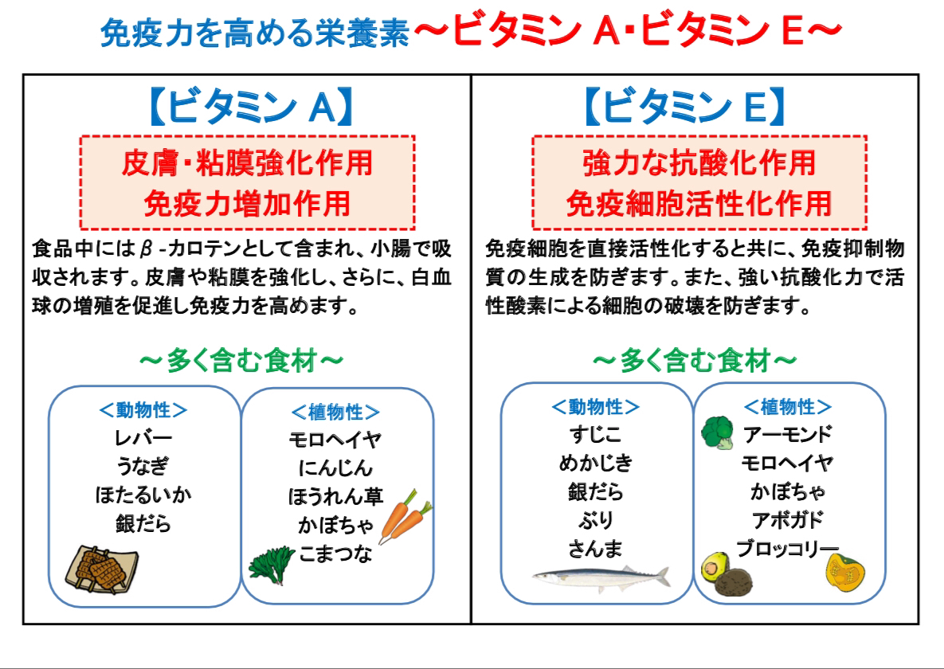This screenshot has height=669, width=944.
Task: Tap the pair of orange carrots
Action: [405, 515]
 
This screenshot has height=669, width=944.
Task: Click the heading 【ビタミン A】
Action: [248, 108]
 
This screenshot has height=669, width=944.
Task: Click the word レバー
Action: [143, 438]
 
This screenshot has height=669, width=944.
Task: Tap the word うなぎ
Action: [143, 467]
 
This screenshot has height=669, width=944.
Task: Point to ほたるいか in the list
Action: [143, 495]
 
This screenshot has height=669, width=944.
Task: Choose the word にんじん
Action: [335, 468]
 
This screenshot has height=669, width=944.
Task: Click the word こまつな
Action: [335, 554]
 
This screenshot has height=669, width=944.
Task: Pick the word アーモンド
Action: [787, 435]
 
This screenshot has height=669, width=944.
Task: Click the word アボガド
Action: [787, 520]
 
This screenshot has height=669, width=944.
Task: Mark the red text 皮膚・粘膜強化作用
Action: [247, 164]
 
